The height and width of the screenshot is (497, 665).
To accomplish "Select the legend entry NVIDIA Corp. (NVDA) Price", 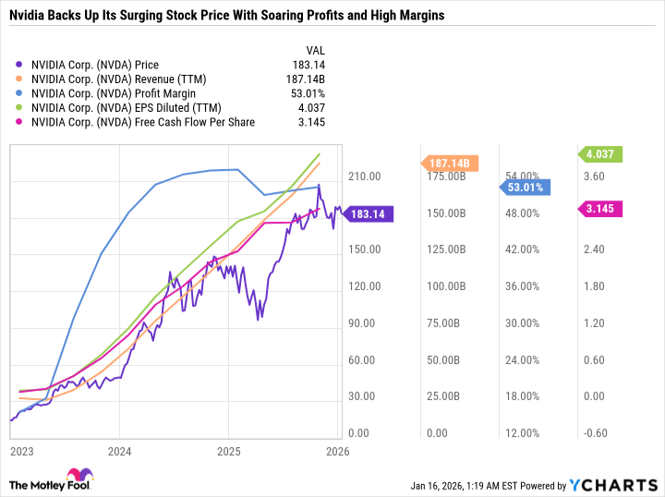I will click(94, 66).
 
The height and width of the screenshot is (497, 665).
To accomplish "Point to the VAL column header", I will click(314, 51).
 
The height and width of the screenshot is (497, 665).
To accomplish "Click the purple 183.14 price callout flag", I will click(369, 214).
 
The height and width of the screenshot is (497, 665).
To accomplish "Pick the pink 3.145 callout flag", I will click(606, 211).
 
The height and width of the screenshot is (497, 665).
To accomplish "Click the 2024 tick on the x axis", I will click(119, 453).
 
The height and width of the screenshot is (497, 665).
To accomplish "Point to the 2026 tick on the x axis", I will click(337, 453).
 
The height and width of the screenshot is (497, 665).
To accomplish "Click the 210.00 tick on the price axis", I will click(365, 176).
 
